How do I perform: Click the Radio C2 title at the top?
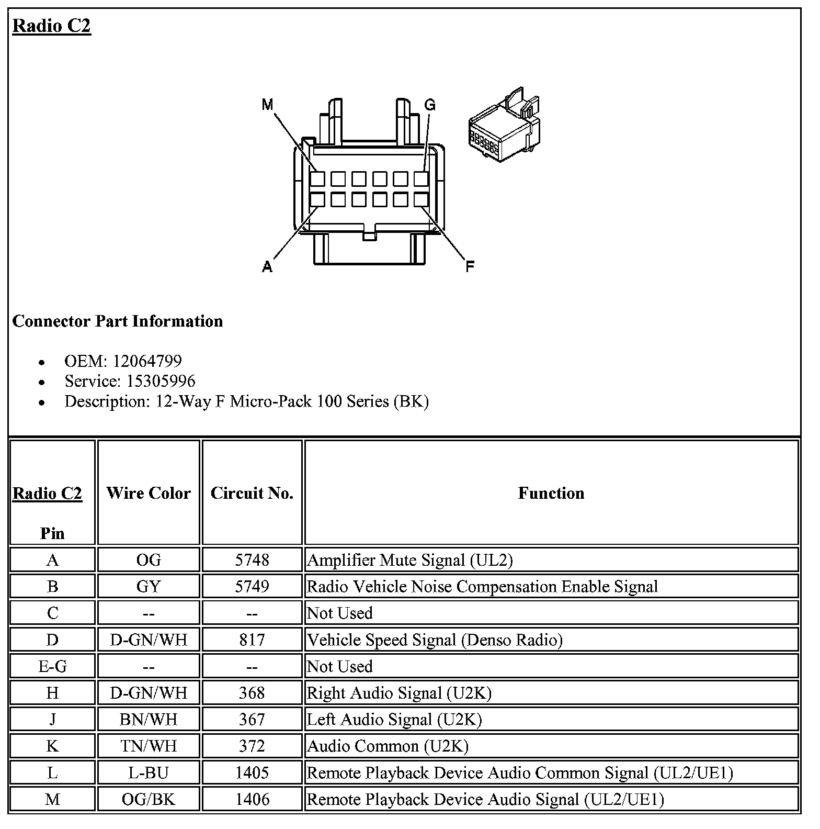click(x=52, y=25)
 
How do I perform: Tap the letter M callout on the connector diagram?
click(x=267, y=105)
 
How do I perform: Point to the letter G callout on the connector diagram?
click(x=429, y=105)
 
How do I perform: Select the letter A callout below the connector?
click(x=267, y=267)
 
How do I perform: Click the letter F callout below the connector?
click(x=470, y=267)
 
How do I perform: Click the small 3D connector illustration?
click(x=504, y=126)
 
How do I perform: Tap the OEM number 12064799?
click(x=147, y=361)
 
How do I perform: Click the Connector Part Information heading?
click(x=118, y=321)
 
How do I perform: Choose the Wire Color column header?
click(x=149, y=493)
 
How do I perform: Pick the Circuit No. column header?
click(x=252, y=493)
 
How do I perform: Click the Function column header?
click(x=551, y=493)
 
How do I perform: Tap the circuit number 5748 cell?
click(x=252, y=560)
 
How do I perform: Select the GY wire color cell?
click(x=149, y=587)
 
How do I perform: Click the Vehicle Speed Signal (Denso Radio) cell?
click(x=435, y=640)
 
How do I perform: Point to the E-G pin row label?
click(x=52, y=666)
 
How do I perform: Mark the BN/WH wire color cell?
click(x=149, y=720)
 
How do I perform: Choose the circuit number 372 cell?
click(x=252, y=746)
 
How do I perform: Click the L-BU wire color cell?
click(x=149, y=772)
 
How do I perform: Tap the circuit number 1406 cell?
click(x=252, y=799)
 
